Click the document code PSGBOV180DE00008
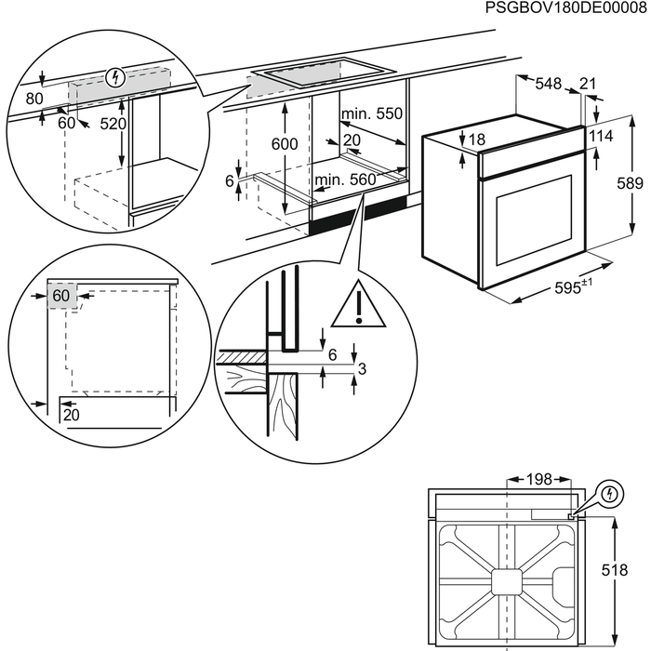(566, 8)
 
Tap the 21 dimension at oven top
(587, 85)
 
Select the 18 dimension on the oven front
(476, 139)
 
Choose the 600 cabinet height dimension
(285, 143)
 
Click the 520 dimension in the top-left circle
(112, 124)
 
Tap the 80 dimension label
(34, 98)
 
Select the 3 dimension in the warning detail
(362, 370)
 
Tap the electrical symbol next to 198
(610, 493)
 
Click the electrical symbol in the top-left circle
(114, 76)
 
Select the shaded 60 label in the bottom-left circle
(61, 296)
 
